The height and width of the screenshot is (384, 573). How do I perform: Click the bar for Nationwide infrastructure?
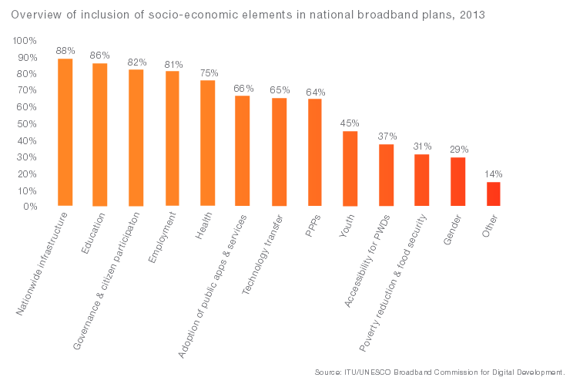[x=65, y=133]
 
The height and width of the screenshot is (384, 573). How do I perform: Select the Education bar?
[x=100, y=135]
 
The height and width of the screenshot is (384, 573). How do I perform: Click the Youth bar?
[x=350, y=169]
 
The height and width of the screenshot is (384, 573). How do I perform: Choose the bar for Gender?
[x=457, y=182]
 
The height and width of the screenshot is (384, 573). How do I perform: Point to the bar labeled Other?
[x=493, y=194]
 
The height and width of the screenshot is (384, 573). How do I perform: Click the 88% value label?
[x=65, y=50]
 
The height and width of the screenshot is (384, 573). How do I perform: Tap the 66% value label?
[x=243, y=88]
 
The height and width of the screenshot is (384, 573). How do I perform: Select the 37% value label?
[x=387, y=136]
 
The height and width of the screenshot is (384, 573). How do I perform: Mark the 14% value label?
[x=494, y=174]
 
